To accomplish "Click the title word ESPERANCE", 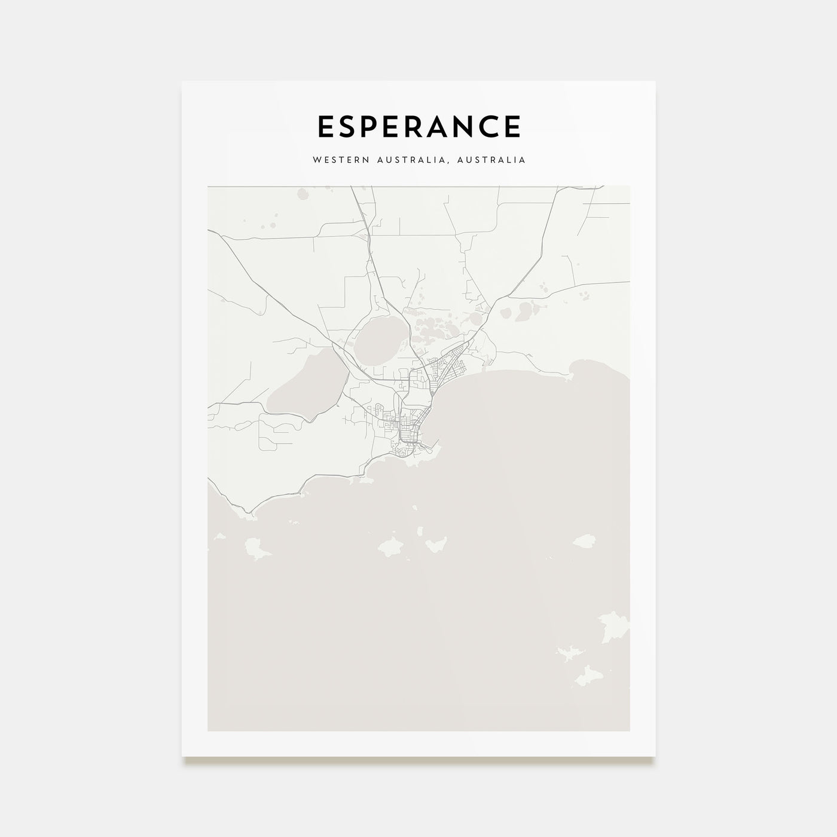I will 418,127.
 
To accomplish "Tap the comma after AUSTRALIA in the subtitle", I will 453,162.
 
